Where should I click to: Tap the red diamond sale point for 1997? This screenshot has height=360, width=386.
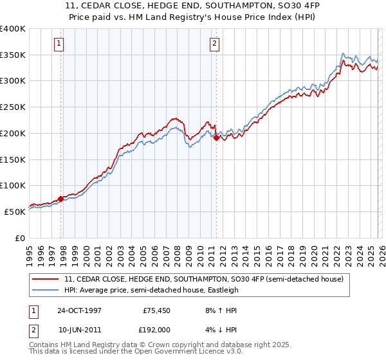click(61, 199)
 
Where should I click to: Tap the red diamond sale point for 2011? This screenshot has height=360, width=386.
click(216, 137)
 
